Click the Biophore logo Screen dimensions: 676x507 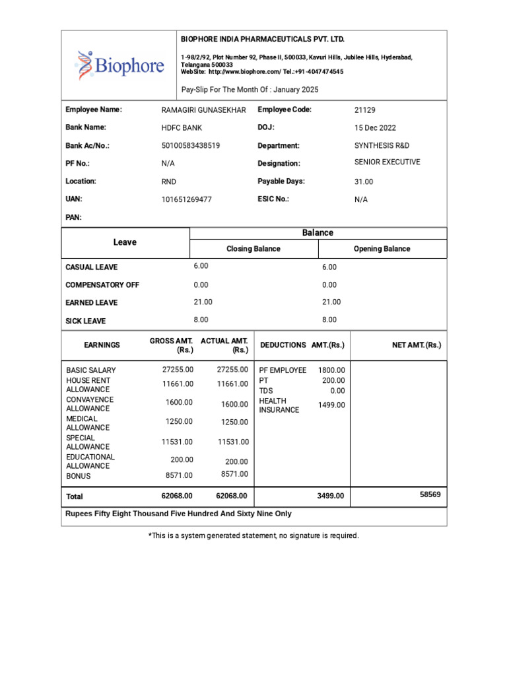(119, 64)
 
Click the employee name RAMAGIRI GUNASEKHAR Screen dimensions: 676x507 (203, 110)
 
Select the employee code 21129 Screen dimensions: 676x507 (364, 110)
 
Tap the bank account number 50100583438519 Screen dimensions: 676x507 (191, 146)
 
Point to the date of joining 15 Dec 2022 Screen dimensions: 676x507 (375, 128)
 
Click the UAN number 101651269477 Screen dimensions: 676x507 (186, 199)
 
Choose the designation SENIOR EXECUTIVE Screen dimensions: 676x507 (387, 162)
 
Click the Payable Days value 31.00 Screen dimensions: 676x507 (364, 182)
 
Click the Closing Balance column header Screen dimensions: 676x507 (253, 249)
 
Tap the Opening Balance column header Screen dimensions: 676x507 (382, 249)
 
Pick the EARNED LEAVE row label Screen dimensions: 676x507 (91, 302)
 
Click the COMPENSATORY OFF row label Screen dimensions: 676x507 (102, 285)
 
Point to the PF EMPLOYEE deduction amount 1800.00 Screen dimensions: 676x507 (331, 370)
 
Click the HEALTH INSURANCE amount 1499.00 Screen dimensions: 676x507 (331, 405)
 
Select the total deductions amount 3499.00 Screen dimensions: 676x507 (331, 496)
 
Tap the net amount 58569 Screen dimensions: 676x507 (430, 494)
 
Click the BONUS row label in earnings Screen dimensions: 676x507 (79, 476)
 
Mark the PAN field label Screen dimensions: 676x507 (73, 217)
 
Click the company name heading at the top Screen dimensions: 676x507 (263, 40)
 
